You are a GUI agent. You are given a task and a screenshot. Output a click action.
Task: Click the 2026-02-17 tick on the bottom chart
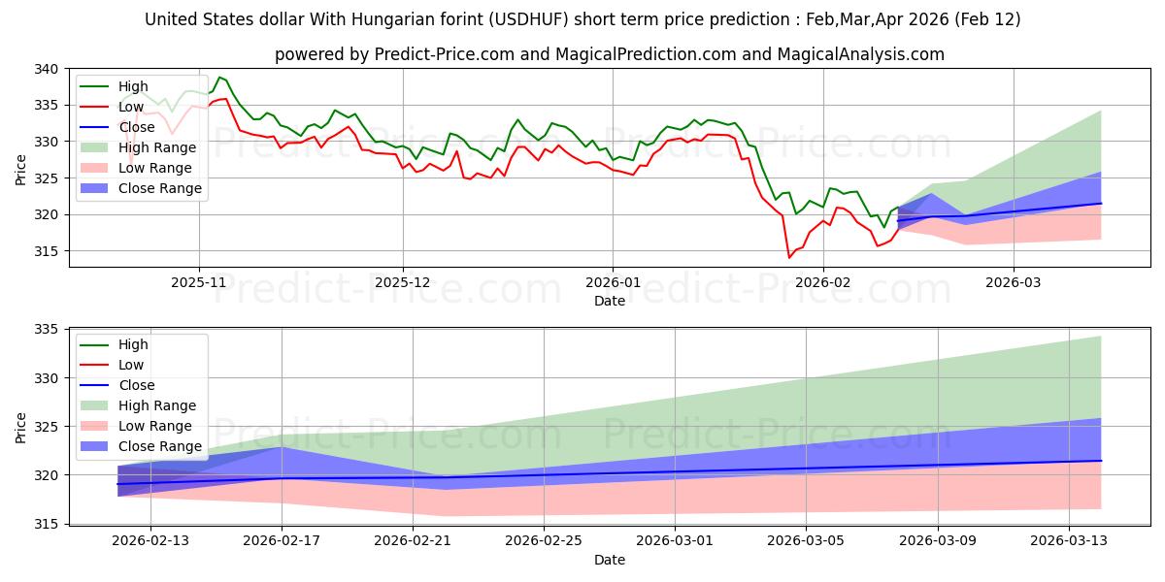[x=282, y=539]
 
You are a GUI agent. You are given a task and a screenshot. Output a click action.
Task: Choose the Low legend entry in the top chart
[x=131, y=107]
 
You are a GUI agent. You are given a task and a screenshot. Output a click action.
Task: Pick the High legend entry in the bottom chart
[x=133, y=344]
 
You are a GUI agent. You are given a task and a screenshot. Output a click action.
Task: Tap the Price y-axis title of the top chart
[x=21, y=169]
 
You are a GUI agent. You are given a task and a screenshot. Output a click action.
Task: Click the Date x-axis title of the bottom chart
[x=609, y=560]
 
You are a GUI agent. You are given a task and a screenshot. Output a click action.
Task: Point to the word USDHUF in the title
[x=530, y=19]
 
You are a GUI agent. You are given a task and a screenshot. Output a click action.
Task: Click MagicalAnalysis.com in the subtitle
[x=868, y=54]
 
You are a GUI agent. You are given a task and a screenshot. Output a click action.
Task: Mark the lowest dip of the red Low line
[x=789, y=257]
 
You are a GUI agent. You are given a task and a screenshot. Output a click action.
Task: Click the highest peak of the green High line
[x=219, y=77]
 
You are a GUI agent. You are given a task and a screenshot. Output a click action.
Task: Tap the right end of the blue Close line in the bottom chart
[x=1101, y=461]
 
